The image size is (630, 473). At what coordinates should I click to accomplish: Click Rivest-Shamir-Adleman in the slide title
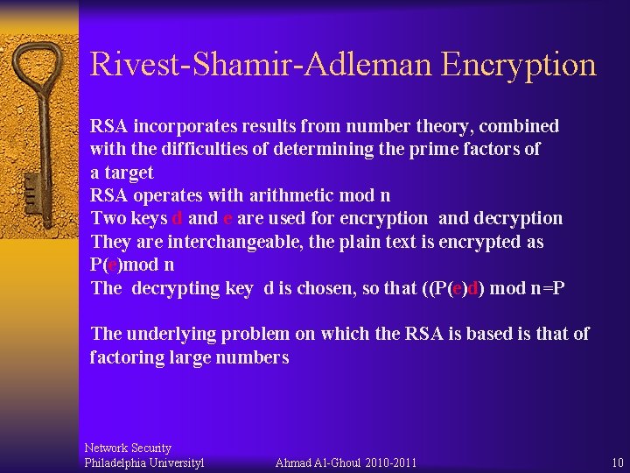coord(261,65)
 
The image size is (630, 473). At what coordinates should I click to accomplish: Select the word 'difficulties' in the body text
coord(198,149)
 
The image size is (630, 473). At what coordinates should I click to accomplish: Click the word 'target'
coord(129,173)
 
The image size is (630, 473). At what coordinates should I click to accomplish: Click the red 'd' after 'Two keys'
coord(178,218)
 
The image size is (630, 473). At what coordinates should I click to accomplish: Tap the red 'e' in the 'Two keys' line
coord(228,218)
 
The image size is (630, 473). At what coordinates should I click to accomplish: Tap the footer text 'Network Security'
coord(128,448)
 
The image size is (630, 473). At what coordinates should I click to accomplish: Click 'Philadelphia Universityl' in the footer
coord(144,462)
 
